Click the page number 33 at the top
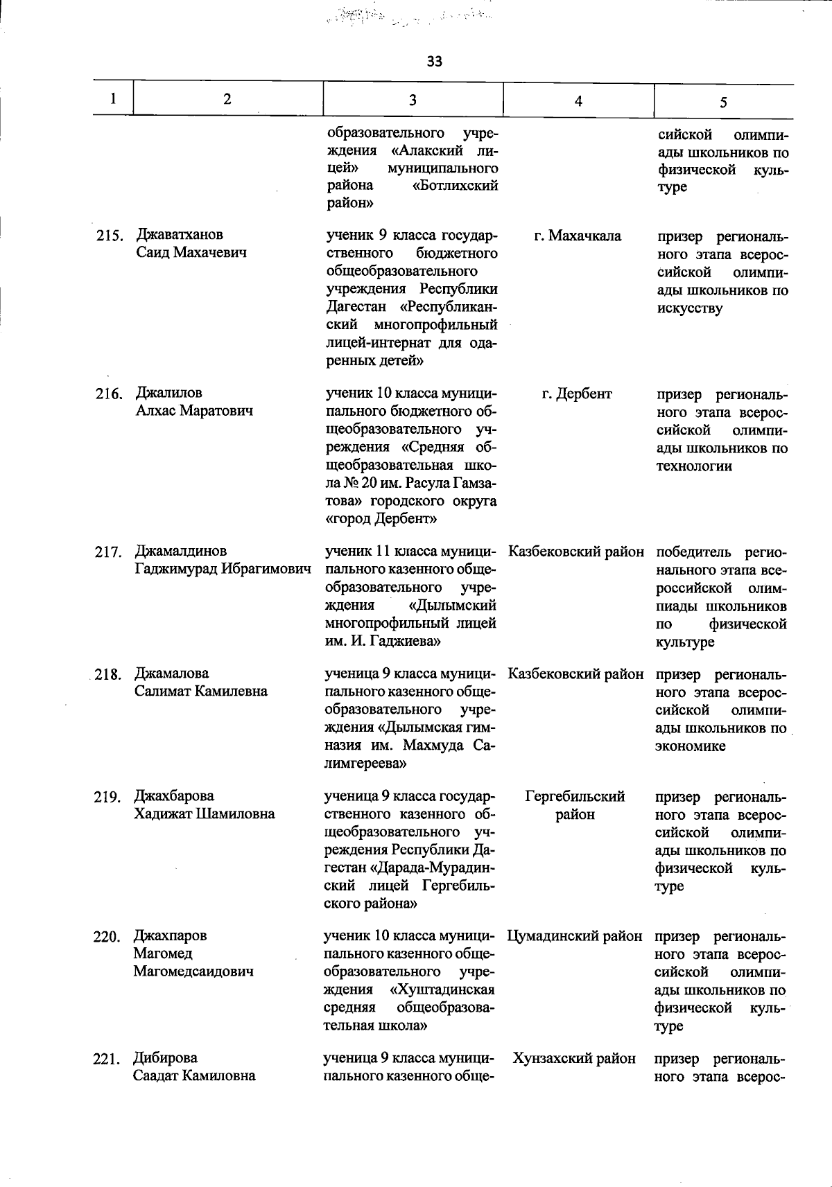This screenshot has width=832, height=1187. pyautogui.click(x=435, y=62)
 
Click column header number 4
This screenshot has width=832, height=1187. pyautogui.click(x=578, y=101)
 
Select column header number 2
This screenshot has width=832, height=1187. pyautogui.click(x=227, y=98)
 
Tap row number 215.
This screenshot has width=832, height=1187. pyautogui.click(x=110, y=236)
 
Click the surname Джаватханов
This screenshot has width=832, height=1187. pyautogui.click(x=180, y=234)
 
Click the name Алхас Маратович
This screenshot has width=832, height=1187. pyautogui.click(x=194, y=410)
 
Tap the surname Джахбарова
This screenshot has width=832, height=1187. pyautogui.click(x=174, y=795)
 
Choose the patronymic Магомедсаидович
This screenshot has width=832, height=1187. pyautogui.click(x=193, y=971)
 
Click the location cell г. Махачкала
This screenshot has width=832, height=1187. pyautogui.click(x=578, y=236)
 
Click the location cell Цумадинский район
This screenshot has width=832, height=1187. pyautogui.click(x=575, y=936)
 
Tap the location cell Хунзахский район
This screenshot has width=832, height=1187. pyautogui.click(x=574, y=1058)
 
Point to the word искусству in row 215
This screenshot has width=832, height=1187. pyautogui.click(x=690, y=308)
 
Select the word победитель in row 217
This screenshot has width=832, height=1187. pyautogui.click(x=693, y=552)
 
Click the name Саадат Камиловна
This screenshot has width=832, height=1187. pyautogui.click(x=194, y=1075)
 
